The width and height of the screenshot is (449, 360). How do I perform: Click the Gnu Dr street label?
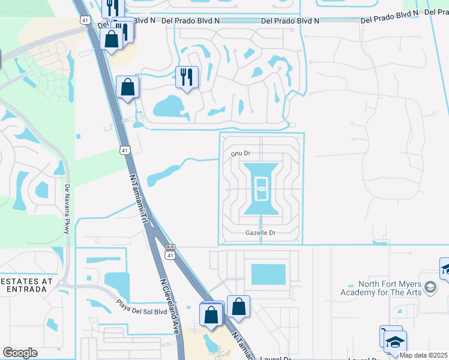tap(241, 154)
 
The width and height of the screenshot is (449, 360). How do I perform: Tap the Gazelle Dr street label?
tap(260, 233)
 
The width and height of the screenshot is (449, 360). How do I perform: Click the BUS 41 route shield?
tap(170, 251)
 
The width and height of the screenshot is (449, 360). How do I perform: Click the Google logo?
tap(20, 353)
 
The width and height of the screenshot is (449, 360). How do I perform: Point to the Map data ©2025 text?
tap(424, 355)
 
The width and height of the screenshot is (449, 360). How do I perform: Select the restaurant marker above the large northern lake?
tap(187, 77)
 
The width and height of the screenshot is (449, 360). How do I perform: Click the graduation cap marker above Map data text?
tap(395, 342)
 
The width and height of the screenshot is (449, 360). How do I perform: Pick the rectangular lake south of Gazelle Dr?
tap(268, 274)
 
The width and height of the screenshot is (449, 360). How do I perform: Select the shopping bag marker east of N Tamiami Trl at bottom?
tap(238, 306)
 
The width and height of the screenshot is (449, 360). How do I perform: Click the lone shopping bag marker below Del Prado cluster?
tap(127, 87)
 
